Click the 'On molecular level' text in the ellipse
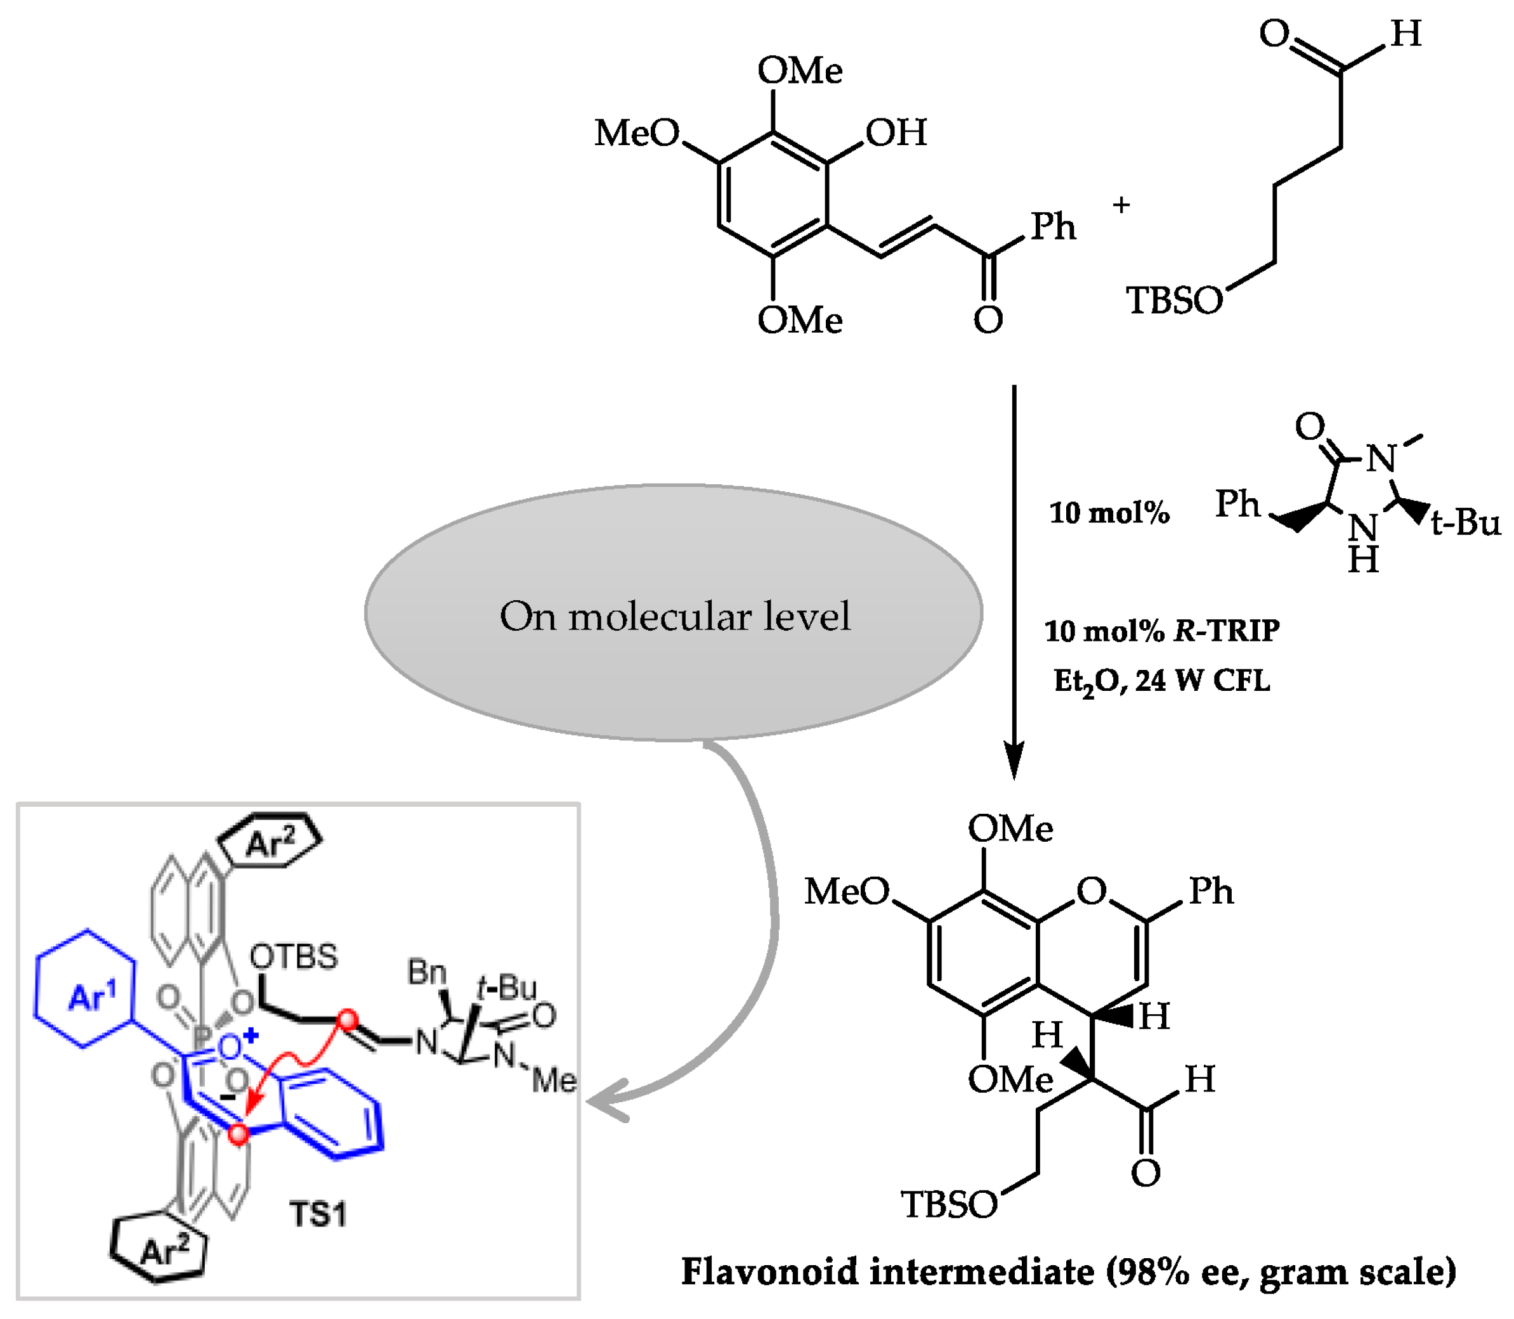[x=674, y=617]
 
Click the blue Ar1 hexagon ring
[x=86, y=987]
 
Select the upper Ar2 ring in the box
[x=271, y=840]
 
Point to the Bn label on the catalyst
[x=426, y=972]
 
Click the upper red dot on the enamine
[x=347, y=1021]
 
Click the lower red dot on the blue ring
[x=238, y=1135]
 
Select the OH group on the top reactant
[x=896, y=133]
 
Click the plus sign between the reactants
[x=1121, y=205]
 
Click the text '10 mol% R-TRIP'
[x=1162, y=631]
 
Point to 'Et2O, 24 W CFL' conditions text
[x=1161, y=681]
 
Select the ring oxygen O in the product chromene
[x=1092, y=891]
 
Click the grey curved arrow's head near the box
[x=600, y=1100]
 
